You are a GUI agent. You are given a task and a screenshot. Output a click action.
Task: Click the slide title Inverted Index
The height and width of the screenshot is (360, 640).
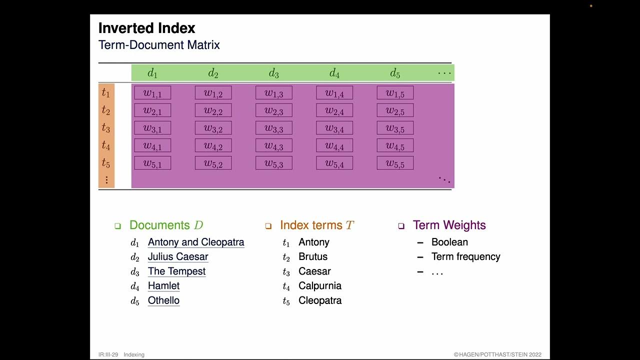pyautogui.click(x=146, y=28)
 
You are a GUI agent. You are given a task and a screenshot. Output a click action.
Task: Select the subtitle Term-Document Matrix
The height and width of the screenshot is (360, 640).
pyautogui.click(x=159, y=45)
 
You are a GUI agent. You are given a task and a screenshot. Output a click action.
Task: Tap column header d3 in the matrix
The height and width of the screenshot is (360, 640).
pyautogui.click(x=273, y=73)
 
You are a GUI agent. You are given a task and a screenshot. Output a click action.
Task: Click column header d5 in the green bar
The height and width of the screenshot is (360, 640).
pyautogui.click(x=395, y=73)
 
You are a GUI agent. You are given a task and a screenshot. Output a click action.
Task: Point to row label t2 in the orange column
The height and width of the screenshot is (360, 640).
pyautogui.click(x=106, y=110)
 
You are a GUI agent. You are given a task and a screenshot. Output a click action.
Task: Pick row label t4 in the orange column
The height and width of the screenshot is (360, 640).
pyautogui.click(x=106, y=145)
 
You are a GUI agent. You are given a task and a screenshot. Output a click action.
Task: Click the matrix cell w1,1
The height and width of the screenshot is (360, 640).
pyautogui.click(x=152, y=93)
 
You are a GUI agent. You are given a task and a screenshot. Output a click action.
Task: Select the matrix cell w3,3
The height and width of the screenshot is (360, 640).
pyautogui.click(x=274, y=128)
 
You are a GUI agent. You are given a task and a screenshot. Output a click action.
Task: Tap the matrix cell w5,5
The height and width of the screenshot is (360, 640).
pyautogui.click(x=395, y=163)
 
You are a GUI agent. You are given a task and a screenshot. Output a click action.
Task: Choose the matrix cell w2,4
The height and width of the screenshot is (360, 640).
pyautogui.click(x=334, y=110)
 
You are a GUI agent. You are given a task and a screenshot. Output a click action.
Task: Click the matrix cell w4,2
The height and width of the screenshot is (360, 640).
pyautogui.click(x=213, y=145)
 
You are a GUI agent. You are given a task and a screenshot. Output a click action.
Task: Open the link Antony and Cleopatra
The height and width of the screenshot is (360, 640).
pyautogui.click(x=196, y=242)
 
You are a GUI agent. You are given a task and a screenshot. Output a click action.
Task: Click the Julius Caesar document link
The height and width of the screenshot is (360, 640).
pyautogui.click(x=178, y=257)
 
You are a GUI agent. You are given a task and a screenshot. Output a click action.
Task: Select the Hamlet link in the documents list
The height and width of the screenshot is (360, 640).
pyautogui.click(x=163, y=286)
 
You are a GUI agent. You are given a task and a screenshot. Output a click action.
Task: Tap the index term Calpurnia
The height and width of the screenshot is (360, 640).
pyautogui.click(x=320, y=286)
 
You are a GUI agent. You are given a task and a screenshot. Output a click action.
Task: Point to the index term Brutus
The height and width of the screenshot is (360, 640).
pyautogui.click(x=313, y=257)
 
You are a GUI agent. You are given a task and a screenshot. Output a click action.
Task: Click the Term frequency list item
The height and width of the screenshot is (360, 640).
pyautogui.click(x=465, y=257)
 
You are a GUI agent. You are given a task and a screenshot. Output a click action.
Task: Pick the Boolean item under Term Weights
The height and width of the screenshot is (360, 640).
pyautogui.click(x=449, y=242)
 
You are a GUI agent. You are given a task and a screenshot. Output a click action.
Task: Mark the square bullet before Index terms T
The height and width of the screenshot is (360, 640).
pyautogui.click(x=268, y=226)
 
